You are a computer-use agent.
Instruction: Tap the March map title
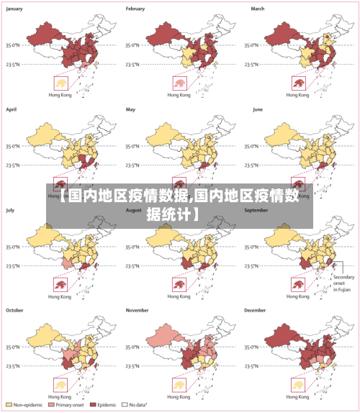258,9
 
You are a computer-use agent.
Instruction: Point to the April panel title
12,109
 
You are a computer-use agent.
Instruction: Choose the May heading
131,109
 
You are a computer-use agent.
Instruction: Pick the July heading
11,210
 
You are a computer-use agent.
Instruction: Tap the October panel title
15,310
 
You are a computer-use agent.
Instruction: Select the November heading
138,310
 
